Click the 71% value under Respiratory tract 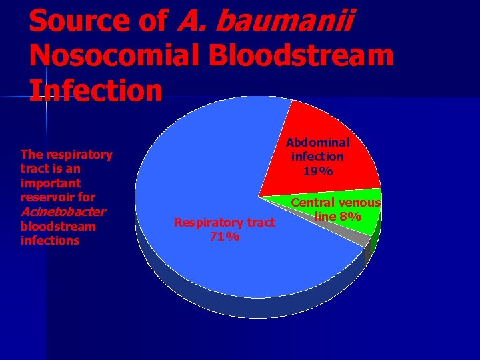224,237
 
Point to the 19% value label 317,171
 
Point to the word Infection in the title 96,90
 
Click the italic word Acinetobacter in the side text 63,212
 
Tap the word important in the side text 51,183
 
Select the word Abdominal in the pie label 318,142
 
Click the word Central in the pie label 313,203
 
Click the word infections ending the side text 50,241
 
